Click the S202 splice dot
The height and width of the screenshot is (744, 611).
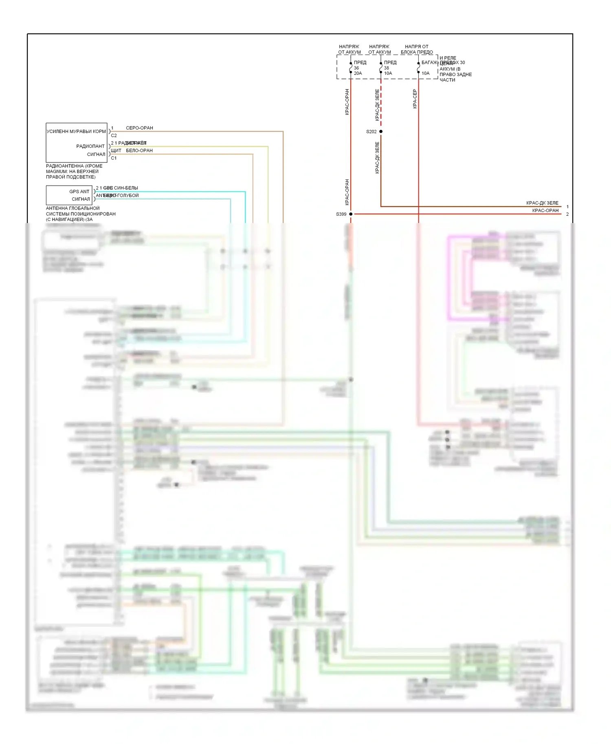pyautogui.click(x=381, y=131)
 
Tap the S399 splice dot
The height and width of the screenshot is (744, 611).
pyautogui.click(x=351, y=214)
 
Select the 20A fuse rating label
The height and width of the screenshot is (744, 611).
pyautogui.click(x=358, y=73)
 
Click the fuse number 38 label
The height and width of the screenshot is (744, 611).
pyautogui.click(x=387, y=68)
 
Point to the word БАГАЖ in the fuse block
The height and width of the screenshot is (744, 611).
pyautogui.click(x=429, y=62)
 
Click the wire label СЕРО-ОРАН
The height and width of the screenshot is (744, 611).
pyautogui.click(x=139, y=128)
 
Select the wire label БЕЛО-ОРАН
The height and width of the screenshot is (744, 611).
pyautogui.click(x=139, y=151)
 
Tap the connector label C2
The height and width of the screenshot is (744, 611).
pyautogui.click(x=114, y=136)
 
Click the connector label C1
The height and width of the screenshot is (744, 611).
pyautogui.click(x=114, y=158)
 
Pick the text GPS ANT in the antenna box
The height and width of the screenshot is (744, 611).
pyautogui.click(x=79, y=191)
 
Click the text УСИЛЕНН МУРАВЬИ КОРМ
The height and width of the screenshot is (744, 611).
pyautogui.click(x=76, y=131)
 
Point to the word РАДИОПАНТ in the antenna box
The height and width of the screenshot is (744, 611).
pyautogui.click(x=90, y=146)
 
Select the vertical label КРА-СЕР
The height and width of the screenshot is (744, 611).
pyautogui.click(x=415, y=98)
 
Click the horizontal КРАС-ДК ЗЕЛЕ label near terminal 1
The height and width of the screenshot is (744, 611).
pyautogui.click(x=542, y=203)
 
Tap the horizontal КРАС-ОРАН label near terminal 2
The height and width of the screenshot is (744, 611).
pyautogui.click(x=545, y=210)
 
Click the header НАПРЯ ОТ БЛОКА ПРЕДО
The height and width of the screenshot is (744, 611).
pyautogui.click(x=417, y=49)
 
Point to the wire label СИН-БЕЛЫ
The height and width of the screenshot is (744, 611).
pyautogui.click(x=126, y=188)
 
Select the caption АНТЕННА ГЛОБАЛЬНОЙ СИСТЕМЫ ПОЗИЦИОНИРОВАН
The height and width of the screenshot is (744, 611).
pyautogui.click(x=81, y=211)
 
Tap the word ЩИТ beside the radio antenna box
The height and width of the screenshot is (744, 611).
pyautogui.click(x=116, y=151)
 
